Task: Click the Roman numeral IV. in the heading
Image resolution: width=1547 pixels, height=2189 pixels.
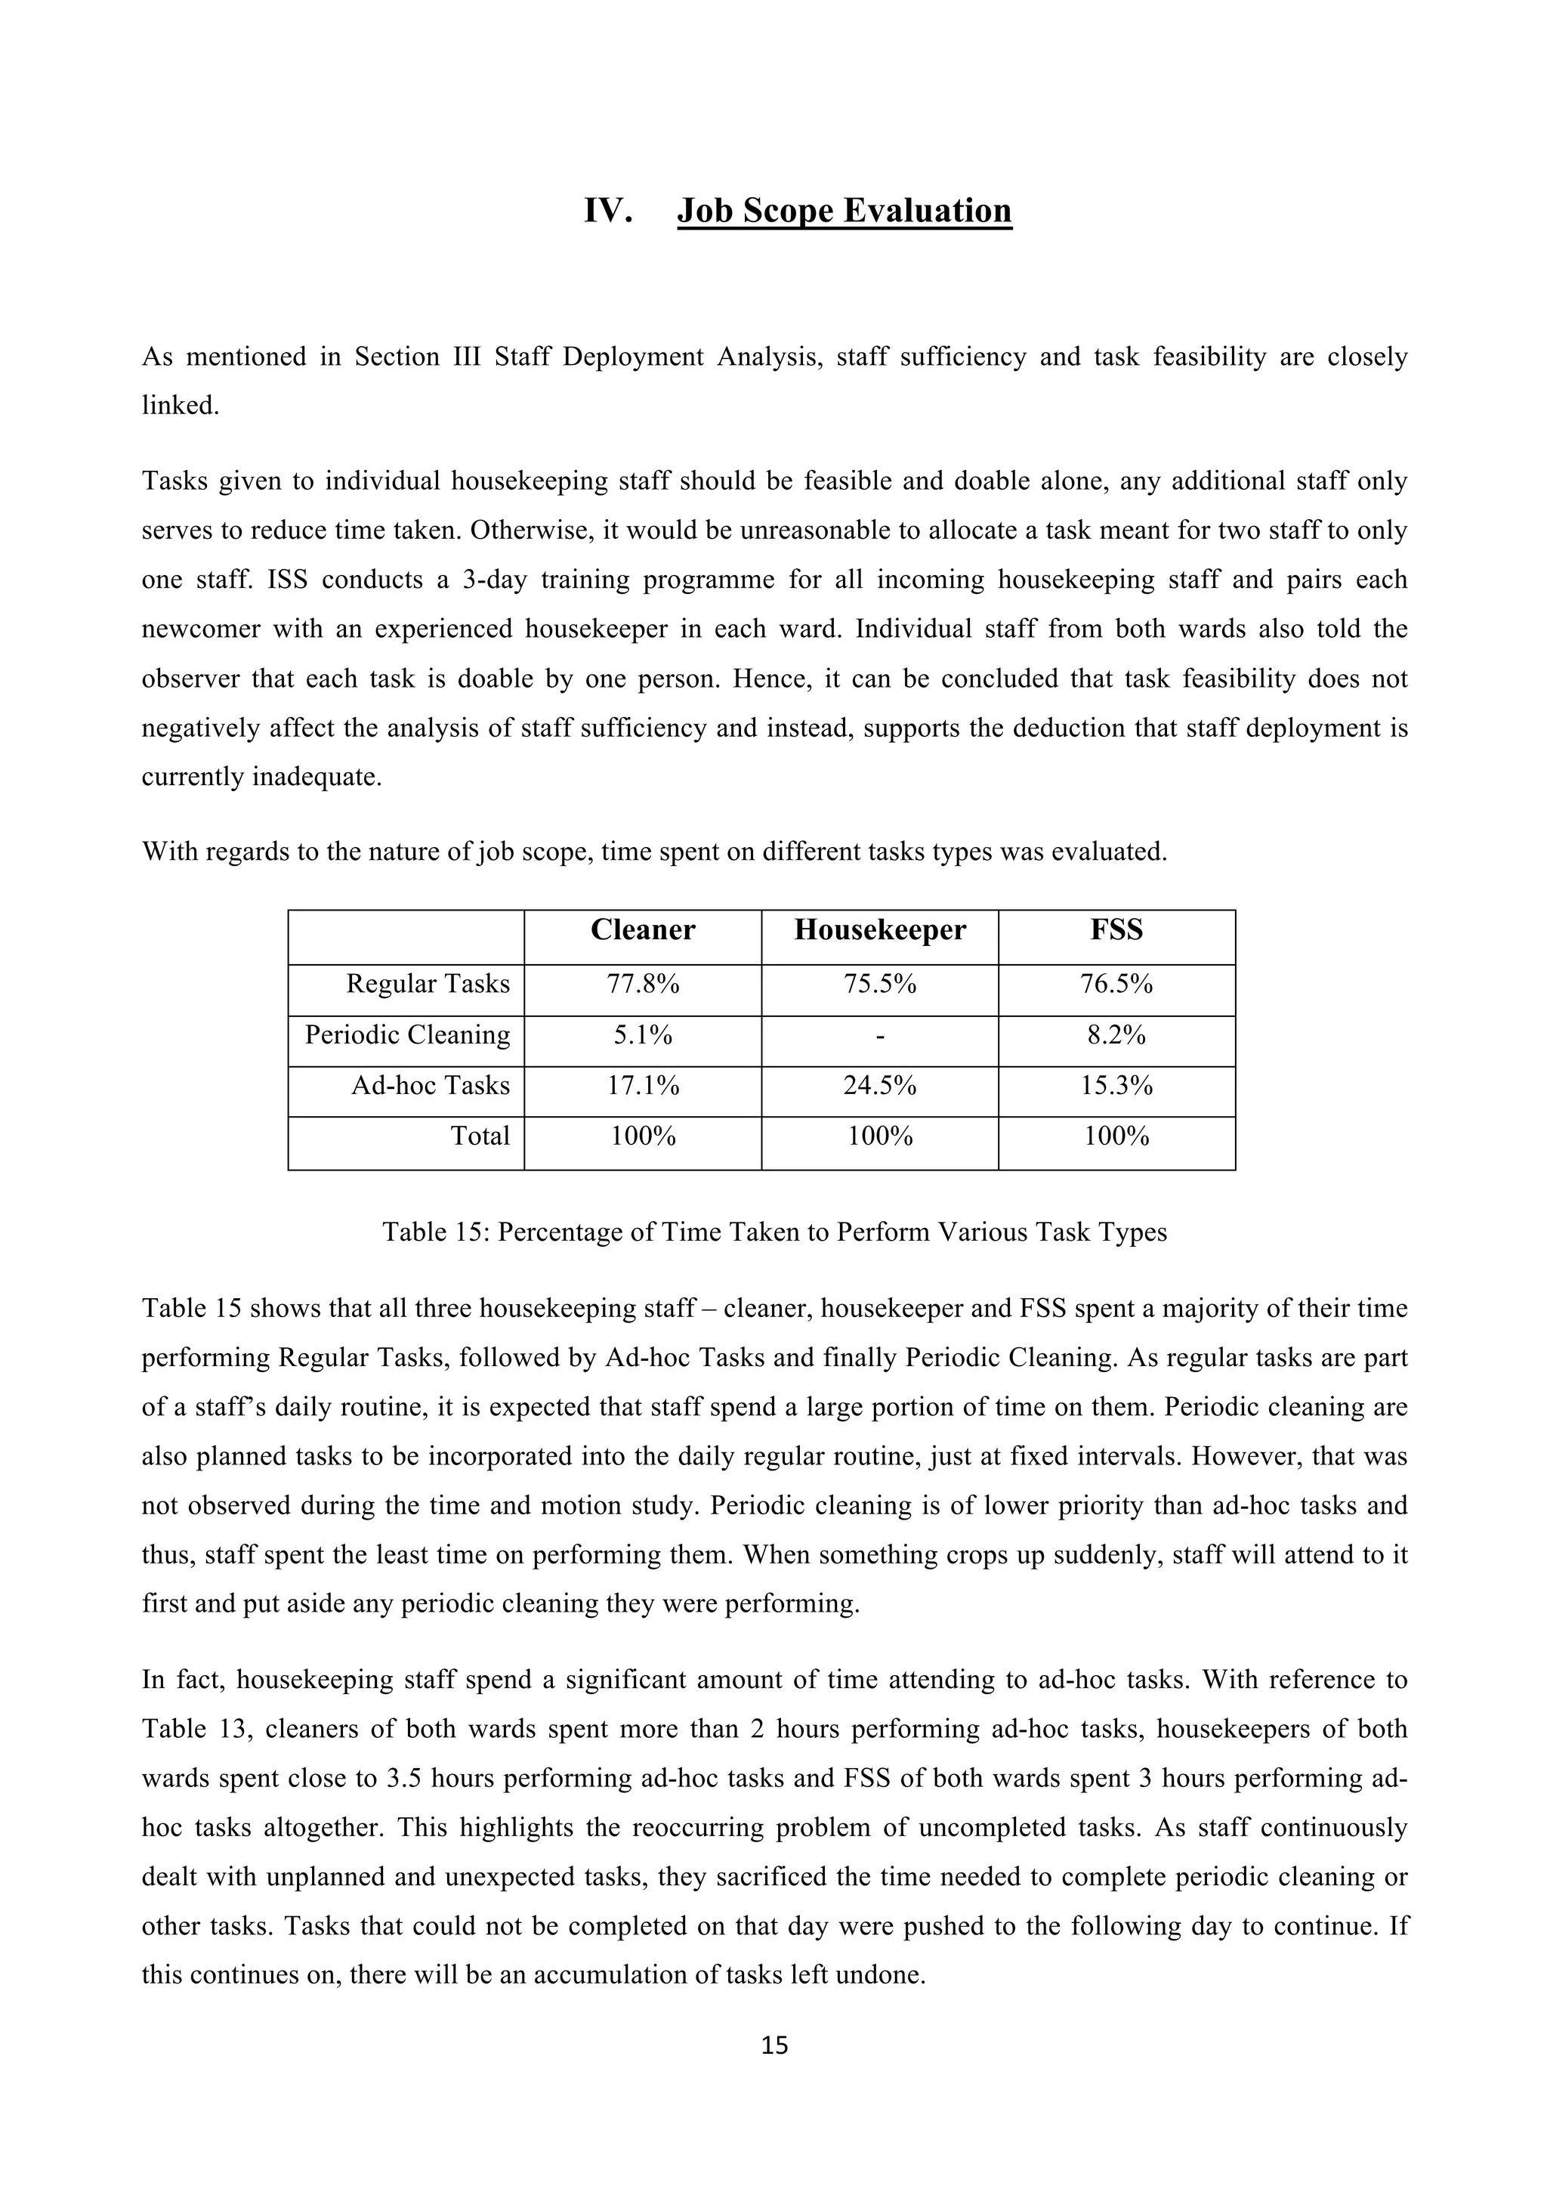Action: pos(608,211)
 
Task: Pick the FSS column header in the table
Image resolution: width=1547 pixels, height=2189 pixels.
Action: pos(1116,930)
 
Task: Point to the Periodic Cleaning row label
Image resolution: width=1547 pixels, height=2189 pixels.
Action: pos(407,1035)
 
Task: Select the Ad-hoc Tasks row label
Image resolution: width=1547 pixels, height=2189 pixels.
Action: pos(430,1086)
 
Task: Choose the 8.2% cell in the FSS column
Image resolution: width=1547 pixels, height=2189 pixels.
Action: pos(1116,1035)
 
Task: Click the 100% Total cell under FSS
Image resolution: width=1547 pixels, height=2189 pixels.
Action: pos(1116,1136)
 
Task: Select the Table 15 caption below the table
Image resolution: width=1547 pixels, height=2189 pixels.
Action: pos(774,1232)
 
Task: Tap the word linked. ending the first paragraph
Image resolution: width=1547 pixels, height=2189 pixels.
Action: pos(180,407)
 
